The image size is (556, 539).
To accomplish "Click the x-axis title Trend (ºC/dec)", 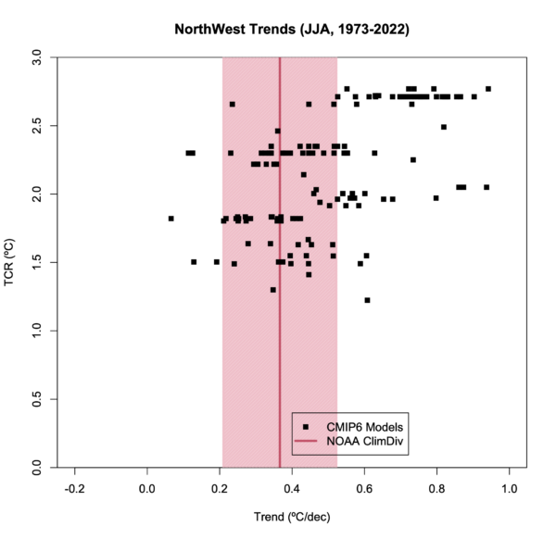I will click(x=292, y=520).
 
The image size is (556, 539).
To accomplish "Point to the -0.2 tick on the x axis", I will click(x=74, y=488).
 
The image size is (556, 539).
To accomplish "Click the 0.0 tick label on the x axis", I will click(x=147, y=488).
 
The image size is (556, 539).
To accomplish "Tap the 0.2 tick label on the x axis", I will click(x=220, y=488).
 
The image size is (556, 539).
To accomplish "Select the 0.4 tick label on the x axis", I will click(x=292, y=488).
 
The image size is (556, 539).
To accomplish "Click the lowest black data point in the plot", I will click(x=367, y=300).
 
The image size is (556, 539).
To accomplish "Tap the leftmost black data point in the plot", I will click(x=171, y=219).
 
